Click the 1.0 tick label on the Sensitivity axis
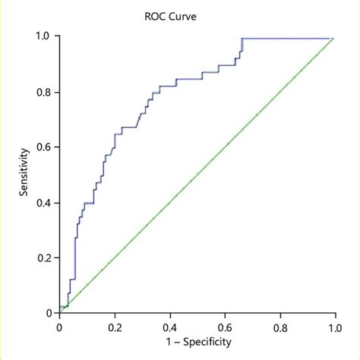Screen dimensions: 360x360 coord(45,36)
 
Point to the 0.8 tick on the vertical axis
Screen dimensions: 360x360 coord(45,92)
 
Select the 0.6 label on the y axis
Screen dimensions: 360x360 coord(45,147)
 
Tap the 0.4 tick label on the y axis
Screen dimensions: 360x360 coord(45,203)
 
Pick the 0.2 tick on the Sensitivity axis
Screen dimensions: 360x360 coord(45,258)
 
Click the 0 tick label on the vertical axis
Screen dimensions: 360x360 coord(49,313)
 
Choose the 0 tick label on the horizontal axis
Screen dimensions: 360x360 coord(59,327)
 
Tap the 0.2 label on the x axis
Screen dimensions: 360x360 coord(114,327)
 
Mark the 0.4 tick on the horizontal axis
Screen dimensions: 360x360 coord(169,327)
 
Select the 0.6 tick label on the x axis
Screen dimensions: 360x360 coord(224,327)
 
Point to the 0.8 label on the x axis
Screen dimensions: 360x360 coord(279,327)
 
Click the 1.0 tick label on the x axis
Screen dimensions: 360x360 coord(334,327)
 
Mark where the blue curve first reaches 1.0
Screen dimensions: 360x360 coord(242,37)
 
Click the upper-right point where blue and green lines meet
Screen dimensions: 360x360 coord(333,37)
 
